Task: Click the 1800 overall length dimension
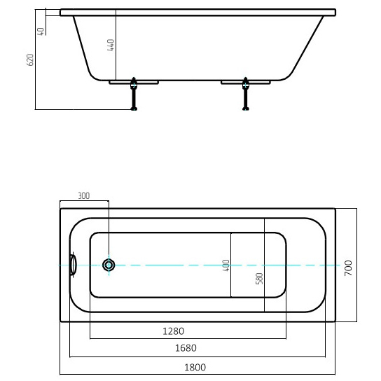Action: (x=195, y=367)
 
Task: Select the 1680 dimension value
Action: (x=186, y=348)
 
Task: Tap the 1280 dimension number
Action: (x=173, y=331)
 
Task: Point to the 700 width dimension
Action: (x=348, y=268)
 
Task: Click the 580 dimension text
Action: (x=259, y=279)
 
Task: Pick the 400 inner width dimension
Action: (x=226, y=265)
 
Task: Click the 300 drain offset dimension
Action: (x=84, y=195)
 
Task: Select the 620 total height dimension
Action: (x=30, y=60)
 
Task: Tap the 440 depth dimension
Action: (x=111, y=45)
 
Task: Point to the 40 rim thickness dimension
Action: (x=41, y=32)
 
